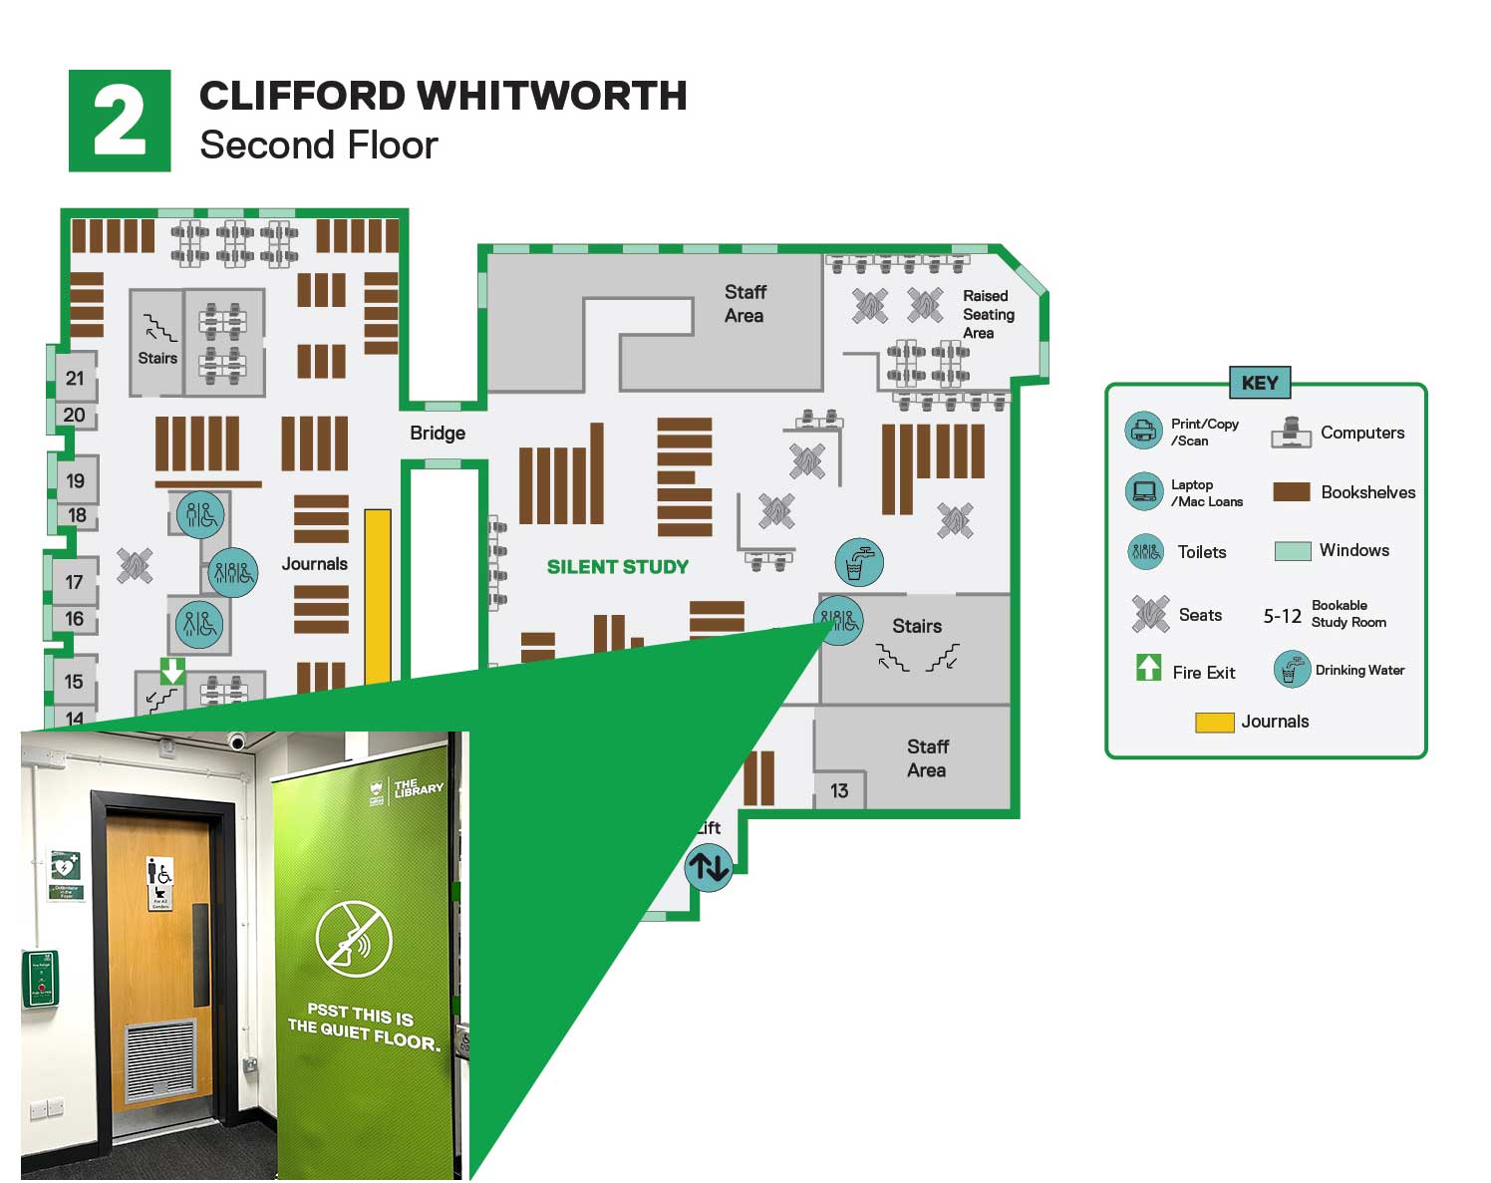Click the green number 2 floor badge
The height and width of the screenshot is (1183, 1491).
pyautogui.click(x=120, y=121)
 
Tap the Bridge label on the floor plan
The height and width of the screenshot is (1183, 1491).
pyautogui.click(x=438, y=434)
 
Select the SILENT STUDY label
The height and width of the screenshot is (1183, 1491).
pyautogui.click(x=617, y=567)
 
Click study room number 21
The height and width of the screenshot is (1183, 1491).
pyautogui.click(x=75, y=379)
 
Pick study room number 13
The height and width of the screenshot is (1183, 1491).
pyautogui.click(x=839, y=790)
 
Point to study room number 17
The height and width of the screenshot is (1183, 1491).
pyautogui.click(x=74, y=582)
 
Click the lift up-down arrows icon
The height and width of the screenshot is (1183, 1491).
pyautogui.click(x=709, y=866)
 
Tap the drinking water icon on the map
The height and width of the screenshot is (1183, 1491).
pyautogui.click(x=858, y=562)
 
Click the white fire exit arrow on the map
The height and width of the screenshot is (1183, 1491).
pyautogui.click(x=172, y=670)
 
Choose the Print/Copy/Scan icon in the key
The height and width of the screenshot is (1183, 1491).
pyautogui.click(x=1144, y=432)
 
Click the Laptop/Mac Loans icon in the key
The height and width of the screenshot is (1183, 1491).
pyautogui.click(x=1144, y=491)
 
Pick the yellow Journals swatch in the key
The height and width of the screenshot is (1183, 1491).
pyautogui.click(x=1215, y=723)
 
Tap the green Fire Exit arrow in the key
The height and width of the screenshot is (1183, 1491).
pyautogui.click(x=1148, y=667)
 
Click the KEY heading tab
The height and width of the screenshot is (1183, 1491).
pyautogui.click(x=1260, y=383)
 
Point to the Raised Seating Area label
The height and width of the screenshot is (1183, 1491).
pyautogui.click(x=988, y=314)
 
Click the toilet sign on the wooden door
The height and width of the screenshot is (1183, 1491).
pyautogui.click(x=159, y=883)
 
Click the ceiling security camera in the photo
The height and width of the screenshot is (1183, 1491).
pyautogui.click(x=237, y=741)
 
